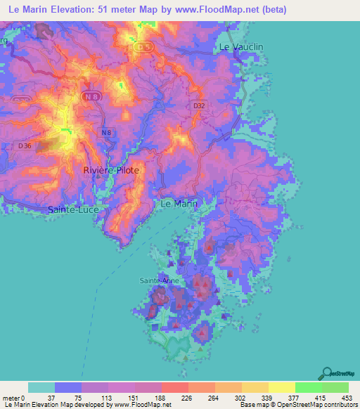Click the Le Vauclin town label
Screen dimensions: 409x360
point(242,46)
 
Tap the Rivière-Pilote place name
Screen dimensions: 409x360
point(111,170)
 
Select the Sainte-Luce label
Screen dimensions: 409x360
point(73,209)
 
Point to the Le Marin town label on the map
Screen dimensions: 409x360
point(179,204)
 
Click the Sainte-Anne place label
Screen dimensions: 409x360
point(159,280)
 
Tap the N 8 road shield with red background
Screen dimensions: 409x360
point(90,96)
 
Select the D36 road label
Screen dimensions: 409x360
point(25,145)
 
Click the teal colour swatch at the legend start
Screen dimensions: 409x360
point(41,387)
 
